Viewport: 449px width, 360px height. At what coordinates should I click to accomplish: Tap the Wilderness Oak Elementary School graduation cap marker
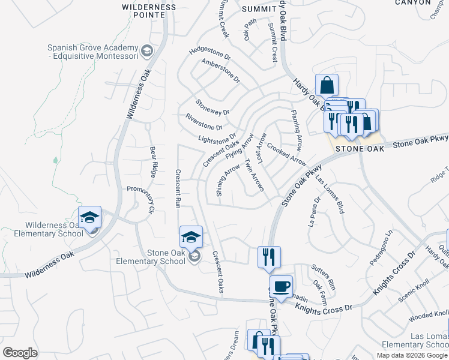(89, 218)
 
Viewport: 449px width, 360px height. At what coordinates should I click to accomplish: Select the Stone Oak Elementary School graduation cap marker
(191, 238)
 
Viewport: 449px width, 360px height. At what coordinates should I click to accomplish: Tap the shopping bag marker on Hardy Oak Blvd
(327, 86)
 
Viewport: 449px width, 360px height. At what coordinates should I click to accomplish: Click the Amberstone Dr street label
(221, 71)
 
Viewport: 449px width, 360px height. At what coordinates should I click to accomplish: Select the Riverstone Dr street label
(204, 122)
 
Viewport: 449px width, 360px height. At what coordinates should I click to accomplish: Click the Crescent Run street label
(178, 188)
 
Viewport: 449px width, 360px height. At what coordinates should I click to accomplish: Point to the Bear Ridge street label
(153, 160)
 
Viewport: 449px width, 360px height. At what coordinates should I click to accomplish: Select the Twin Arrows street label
(255, 175)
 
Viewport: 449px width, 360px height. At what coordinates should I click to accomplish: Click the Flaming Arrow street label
(297, 130)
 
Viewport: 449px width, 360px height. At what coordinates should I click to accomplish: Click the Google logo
(20, 352)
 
